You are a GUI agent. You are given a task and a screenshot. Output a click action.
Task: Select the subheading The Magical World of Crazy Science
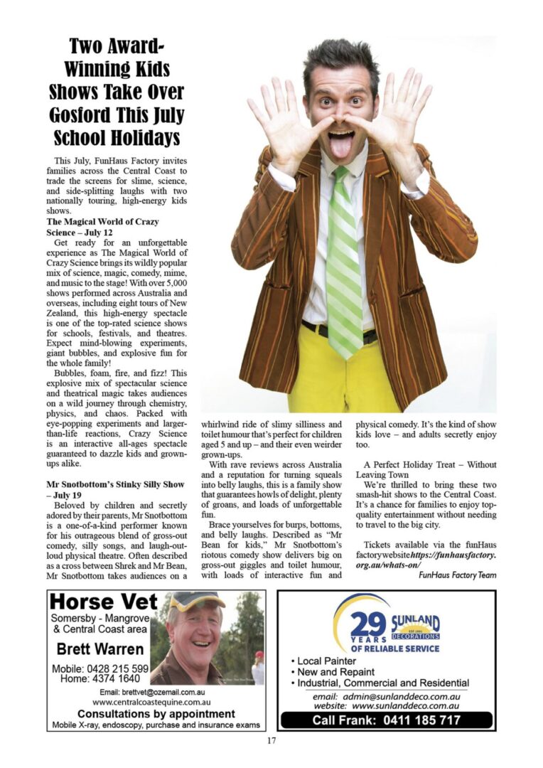(x=102, y=226)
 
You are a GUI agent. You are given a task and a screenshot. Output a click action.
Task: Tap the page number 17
(x=271, y=740)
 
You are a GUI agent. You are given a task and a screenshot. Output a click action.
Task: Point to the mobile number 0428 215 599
(x=100, y=668)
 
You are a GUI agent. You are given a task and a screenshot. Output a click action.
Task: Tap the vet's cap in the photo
(x=193, y=602)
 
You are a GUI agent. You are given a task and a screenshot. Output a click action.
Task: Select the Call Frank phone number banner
(x=386, y=720)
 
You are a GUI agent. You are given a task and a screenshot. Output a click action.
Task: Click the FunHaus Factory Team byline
(x=458, y=575)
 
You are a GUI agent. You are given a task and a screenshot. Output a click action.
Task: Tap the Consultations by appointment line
(x=156, y=713)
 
